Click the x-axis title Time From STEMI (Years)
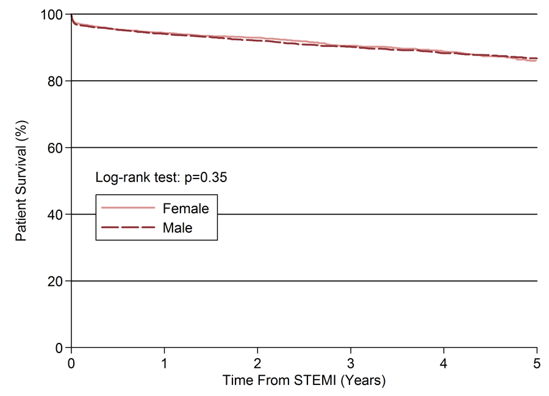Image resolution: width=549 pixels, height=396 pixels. coord(304,380)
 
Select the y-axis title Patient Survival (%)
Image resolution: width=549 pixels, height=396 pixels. coord(21,181)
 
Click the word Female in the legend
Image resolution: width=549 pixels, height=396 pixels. coord(185,209)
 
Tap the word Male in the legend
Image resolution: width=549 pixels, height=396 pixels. coord(178,228)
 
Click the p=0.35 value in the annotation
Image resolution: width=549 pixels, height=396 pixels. coord(206,178)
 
